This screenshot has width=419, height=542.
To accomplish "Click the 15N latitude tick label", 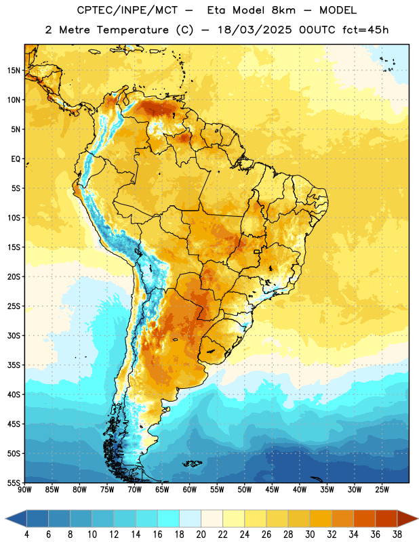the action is point(14,70).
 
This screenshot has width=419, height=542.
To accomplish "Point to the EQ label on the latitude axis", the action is point(16,159).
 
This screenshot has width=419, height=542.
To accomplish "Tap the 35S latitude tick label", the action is point(14,365).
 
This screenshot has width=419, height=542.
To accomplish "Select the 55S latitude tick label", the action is point(14,482).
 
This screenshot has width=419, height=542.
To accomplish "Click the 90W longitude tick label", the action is point(24,490).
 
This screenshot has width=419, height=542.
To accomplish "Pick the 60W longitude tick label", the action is point(190,490).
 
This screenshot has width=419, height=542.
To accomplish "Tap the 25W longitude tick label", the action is point(382,490).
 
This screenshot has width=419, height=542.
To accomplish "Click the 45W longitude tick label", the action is point(272,490).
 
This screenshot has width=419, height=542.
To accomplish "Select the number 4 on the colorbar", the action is point(26,535).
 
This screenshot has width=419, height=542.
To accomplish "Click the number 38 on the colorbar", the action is point(397,535).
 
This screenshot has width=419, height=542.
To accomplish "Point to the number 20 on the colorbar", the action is point(201,535).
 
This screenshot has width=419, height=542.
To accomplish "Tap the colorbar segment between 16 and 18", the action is point(169,518).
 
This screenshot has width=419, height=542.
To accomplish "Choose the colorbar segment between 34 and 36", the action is point(364,518).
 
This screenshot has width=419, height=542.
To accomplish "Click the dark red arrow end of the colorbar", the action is point(407,518).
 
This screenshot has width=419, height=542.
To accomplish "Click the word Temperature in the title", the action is point(132,30).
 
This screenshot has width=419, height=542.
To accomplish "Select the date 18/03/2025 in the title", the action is point(255,30).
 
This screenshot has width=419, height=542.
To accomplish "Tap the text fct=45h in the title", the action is point(365,30).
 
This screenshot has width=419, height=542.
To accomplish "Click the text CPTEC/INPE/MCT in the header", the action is point(127,10).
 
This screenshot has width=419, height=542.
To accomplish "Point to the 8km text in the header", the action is point(283,10).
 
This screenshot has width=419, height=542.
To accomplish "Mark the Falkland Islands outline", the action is point(192,463).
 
